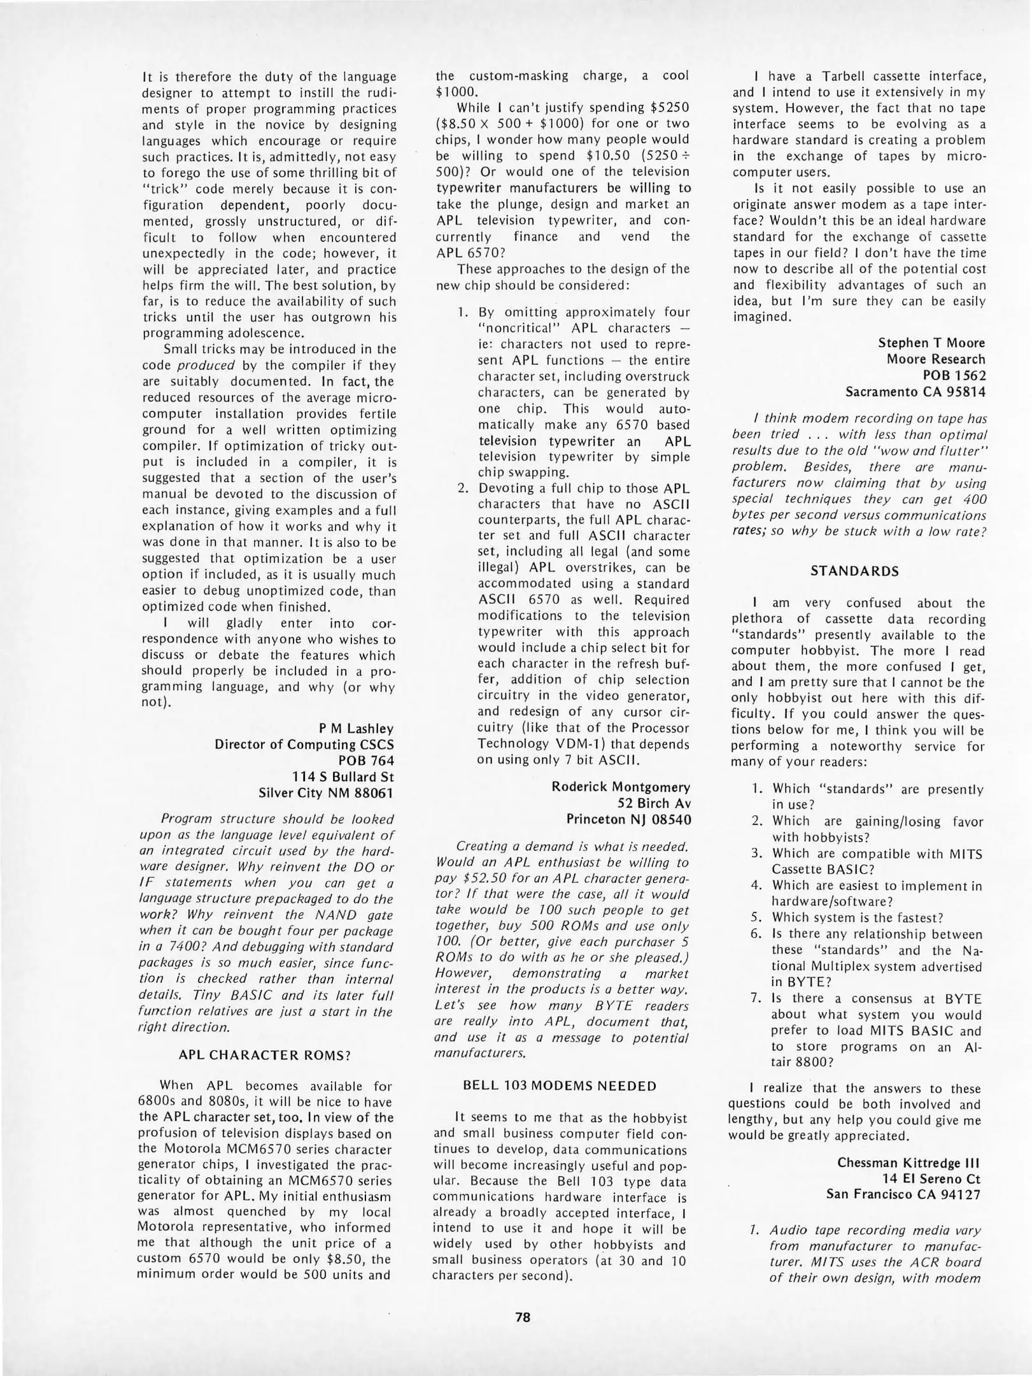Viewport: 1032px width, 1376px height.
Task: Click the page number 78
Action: pyautogui.click(x=523, y=1313)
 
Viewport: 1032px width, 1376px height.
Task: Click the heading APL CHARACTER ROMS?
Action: pyautogui.click(x=265, y=1055)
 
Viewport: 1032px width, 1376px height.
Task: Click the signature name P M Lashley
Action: pyautogui.click(x=356, y=729)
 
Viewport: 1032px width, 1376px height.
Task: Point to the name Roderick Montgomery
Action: pyautogui.click(x=621, y=787)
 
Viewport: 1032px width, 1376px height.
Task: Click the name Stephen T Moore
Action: pyautogui.click(x=931, y=343)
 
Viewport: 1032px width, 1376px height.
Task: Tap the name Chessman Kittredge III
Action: pyautogui.click(x=908, y=1163)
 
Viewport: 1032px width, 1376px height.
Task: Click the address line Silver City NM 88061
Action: pyautogui.click(x=326, y=793)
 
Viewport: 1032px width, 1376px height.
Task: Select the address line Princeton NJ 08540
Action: pyautogui.click(x=628, y=820)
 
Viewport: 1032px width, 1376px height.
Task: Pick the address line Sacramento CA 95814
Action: pyautogui.click(x=915, y=392)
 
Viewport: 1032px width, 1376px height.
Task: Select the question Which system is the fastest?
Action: pyautogui.click(x=857, y=918)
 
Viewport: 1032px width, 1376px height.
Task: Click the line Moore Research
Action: pyautogui.click(x=935, y=359)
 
